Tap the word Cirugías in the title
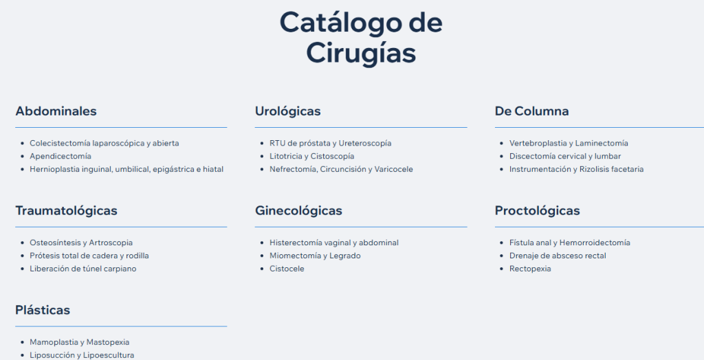[361, 54]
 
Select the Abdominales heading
[56, 111]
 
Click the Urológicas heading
[288, 111]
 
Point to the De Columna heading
[531, 111]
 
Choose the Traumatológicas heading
[67, 210]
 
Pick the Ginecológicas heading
[298, 210]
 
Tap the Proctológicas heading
[538, 210]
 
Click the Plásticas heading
[43, 310]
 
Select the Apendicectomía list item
[60, 156]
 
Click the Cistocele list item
[287, 269]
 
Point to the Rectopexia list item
[530, 269]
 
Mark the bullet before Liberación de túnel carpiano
[23, 269]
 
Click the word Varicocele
[394, 169]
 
